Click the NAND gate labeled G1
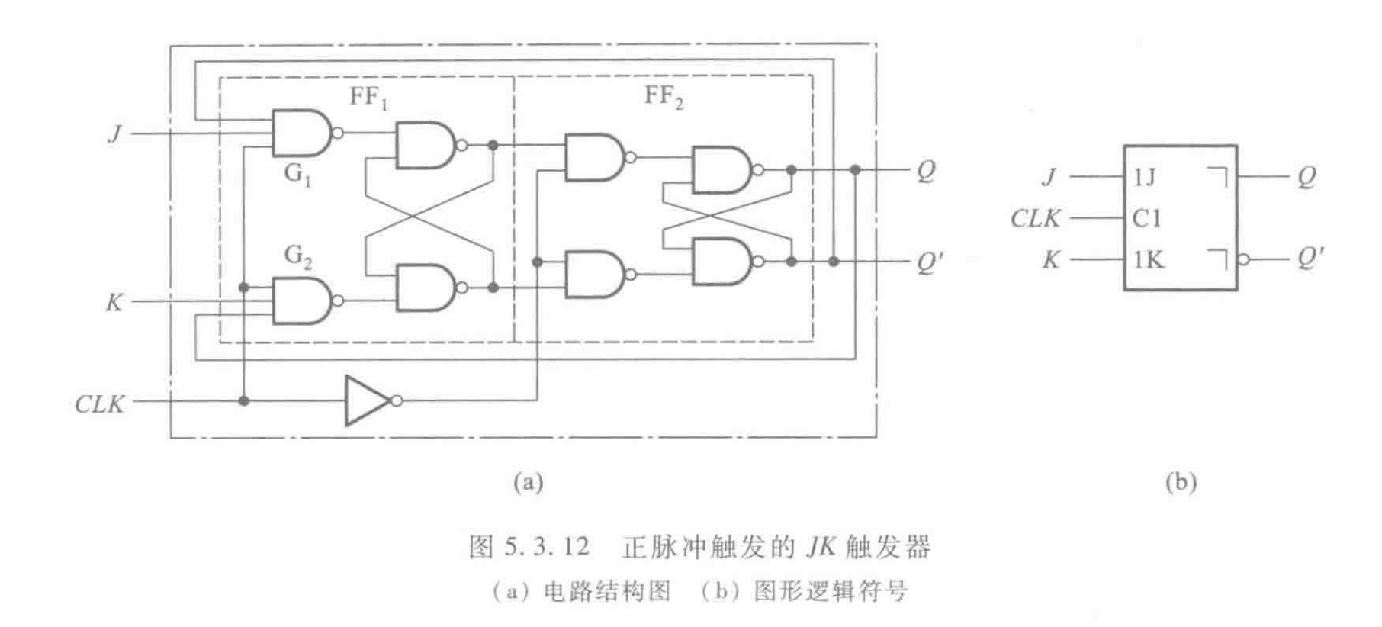pyautogui.click(x=301, y=133)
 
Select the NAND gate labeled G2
pyautogui.click(x=301, y=301)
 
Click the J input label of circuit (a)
pyautogui.click(x=115, y=134)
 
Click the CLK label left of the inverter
pyautogui.click(x=99, y=403)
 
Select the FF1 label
pyautogui.click(x=368, y=98)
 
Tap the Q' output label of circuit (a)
pyautogui.click(x=929, y=263)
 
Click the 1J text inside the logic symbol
pyautogui.click(x=1144, y=178)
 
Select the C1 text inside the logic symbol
pyautogui.click(x=1146, y=219)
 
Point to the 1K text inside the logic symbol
pyautogui.click(x=1148, y=260)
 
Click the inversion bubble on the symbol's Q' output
pyautogui.click(x=1244, y=260)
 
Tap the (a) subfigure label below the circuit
pyautogui.click(x=528, y=482)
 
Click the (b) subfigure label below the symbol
pyautogui.click(x=1180, y=482)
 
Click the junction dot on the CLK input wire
pyautogui.click(x=244, y=400)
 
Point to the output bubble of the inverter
pyautogui.click(x=396, y=400)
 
